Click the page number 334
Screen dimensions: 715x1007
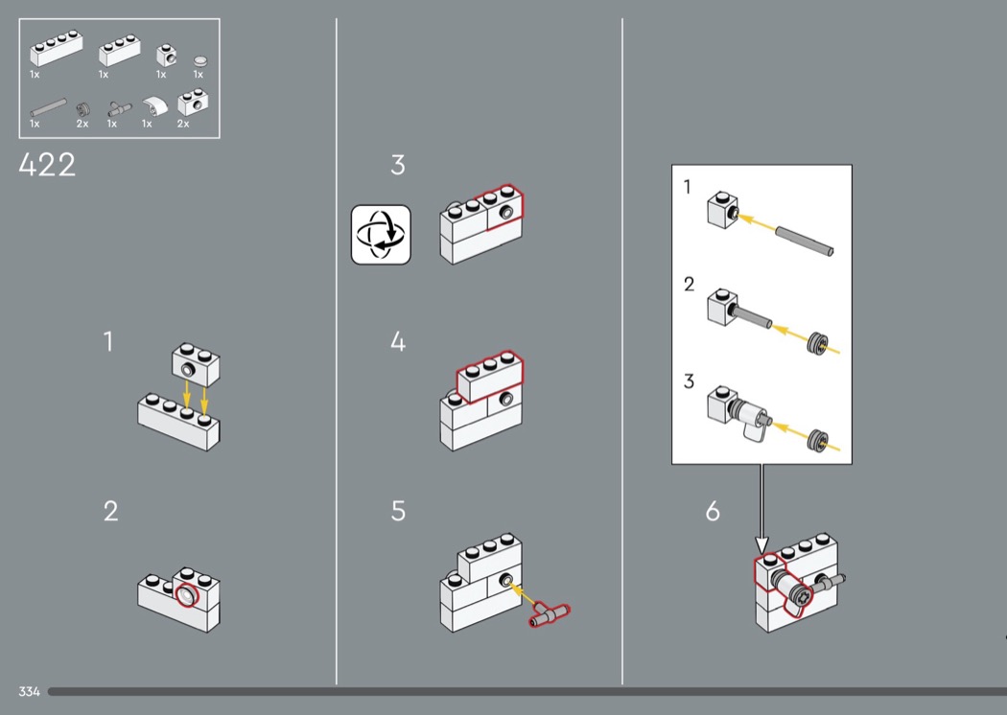(29, 691)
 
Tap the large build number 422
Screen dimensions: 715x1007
(47, 166)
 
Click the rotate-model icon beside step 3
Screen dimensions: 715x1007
(381, 234)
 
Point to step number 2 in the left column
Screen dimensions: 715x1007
(111, 512)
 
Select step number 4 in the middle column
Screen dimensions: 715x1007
(398, 342)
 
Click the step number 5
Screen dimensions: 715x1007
(398, 512)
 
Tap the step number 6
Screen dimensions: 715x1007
(713, 512)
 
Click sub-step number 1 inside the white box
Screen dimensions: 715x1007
(688, 187)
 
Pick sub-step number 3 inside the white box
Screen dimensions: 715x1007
(689, 381)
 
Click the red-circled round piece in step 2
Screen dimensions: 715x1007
(186, 598)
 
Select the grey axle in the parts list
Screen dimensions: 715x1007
(48, 103)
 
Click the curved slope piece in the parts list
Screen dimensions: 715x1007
(152, 105)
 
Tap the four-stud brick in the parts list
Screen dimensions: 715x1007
(53, 47)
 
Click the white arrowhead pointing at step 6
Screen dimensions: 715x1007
(762, 546)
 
